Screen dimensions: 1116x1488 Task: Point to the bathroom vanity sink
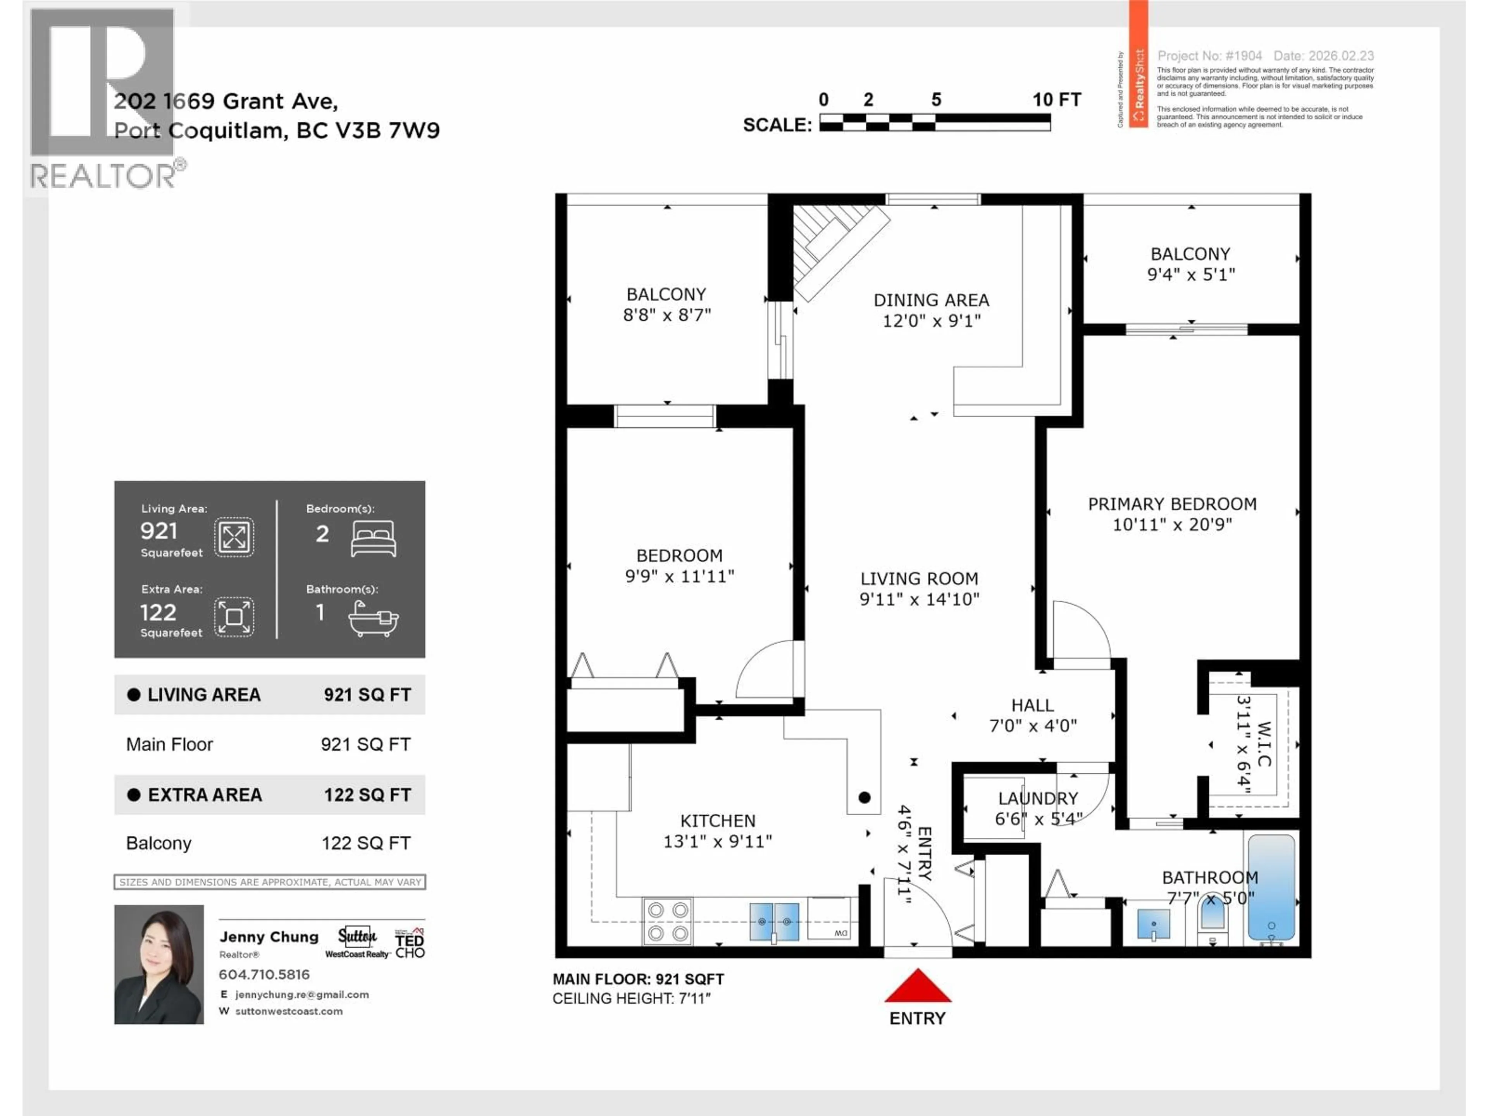1153,924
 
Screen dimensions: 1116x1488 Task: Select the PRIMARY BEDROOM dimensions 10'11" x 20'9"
1172,525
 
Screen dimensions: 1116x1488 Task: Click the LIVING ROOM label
919,579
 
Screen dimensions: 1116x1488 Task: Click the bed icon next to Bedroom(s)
373,538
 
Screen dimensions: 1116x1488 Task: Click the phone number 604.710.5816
264,974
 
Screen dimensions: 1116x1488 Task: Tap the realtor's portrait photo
159,964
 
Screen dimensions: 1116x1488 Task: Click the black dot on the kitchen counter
865,797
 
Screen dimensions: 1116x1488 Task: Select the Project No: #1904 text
1209,56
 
